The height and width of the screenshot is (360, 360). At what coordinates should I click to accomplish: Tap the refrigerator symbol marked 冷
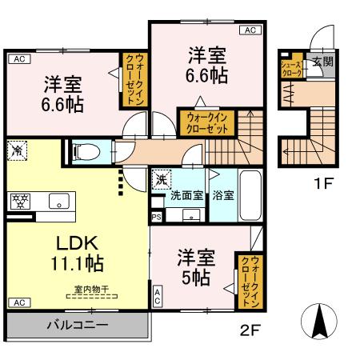[15, 149]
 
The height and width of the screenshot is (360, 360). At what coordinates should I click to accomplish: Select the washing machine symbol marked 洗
[162, 180]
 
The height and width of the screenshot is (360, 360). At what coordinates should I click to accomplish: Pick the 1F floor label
[323, 182]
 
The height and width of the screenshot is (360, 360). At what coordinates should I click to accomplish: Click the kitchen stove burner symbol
[17, 201]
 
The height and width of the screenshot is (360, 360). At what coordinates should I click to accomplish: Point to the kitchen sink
[58, 200]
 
